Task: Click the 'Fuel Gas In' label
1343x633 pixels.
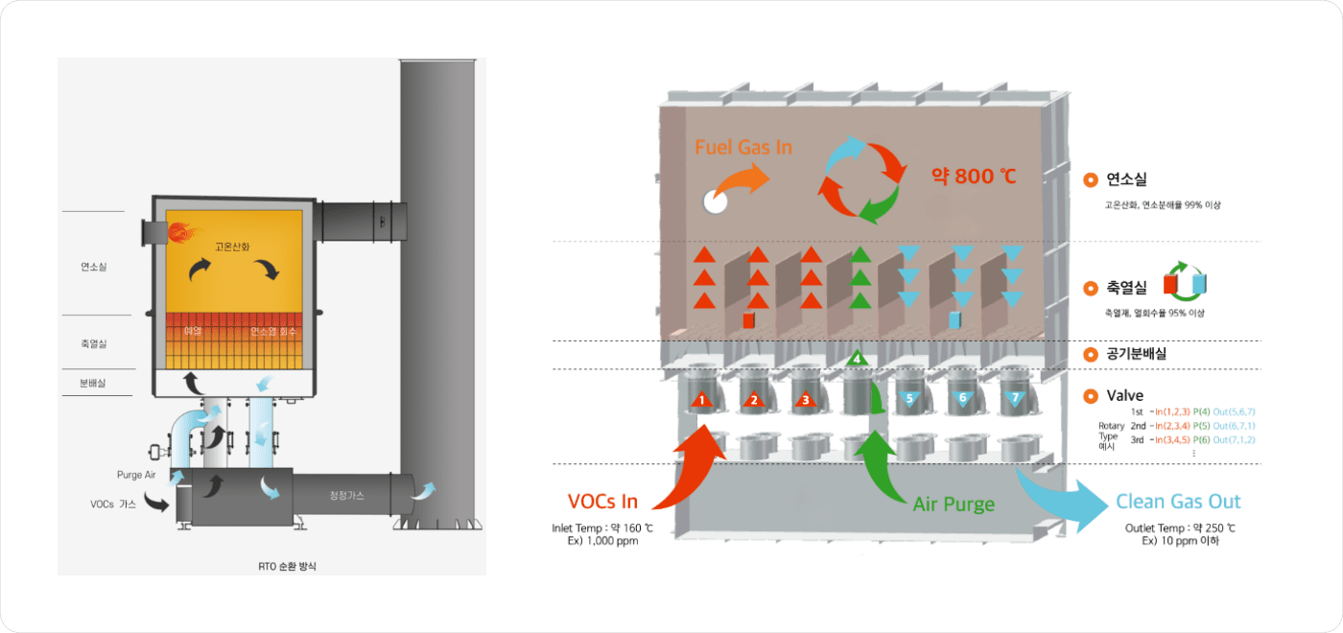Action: tap(743, 148)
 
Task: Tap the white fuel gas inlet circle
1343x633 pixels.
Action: tap(715, 200)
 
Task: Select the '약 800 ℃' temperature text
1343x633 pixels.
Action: tap(974, 176)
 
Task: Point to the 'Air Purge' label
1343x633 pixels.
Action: tap(954, 504)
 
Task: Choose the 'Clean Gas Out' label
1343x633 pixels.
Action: tap(1178, 502)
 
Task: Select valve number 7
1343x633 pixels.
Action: tap(1014, 397)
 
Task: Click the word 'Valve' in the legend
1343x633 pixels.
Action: tap(1125, 395)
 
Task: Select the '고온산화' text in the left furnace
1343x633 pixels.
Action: tap(233, 246)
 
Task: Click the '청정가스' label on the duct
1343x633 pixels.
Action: tap(346, 494)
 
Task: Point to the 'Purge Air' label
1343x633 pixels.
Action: tap(137, 475)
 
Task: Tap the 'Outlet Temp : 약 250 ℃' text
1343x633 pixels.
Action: tap(1180, 528)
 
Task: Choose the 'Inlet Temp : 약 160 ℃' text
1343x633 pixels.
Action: tap(602, 528)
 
